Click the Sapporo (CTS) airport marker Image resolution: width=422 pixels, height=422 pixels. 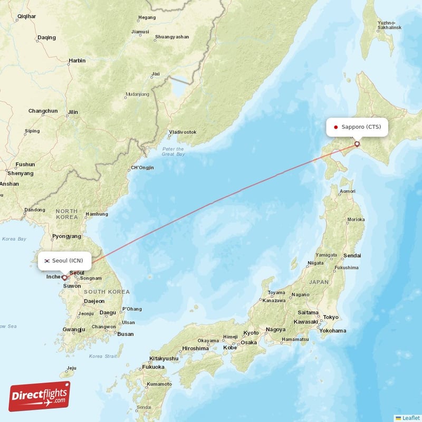point(357,143)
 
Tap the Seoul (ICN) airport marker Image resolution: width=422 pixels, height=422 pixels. point(64,277)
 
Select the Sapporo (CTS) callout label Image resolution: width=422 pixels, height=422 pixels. point(358,127)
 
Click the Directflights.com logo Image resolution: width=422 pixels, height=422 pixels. point(40,396)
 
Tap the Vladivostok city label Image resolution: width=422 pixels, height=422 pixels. point(183,132)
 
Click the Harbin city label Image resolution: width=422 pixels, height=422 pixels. point(76,61)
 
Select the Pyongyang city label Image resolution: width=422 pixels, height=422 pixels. point(67,237)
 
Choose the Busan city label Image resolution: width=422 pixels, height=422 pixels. point(126,334)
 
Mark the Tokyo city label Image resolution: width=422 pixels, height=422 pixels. point(331,317)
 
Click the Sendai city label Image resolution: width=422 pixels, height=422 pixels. point(352,256)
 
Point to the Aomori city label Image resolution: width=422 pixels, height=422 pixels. point(347,191)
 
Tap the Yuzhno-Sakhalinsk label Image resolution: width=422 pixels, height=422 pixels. point(390,25)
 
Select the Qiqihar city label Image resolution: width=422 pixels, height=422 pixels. point(26,16)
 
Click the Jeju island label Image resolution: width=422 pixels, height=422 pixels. point(72,368)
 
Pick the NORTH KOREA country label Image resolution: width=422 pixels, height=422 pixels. point(67,214)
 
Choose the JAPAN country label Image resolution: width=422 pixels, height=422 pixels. point(319,282)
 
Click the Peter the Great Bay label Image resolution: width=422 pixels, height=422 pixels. point(173,152)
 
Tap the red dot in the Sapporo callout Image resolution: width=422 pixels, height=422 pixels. point(336,127)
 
